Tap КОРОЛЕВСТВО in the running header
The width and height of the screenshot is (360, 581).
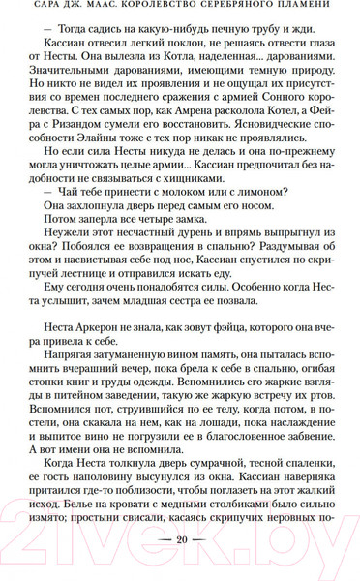[168, 13]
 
